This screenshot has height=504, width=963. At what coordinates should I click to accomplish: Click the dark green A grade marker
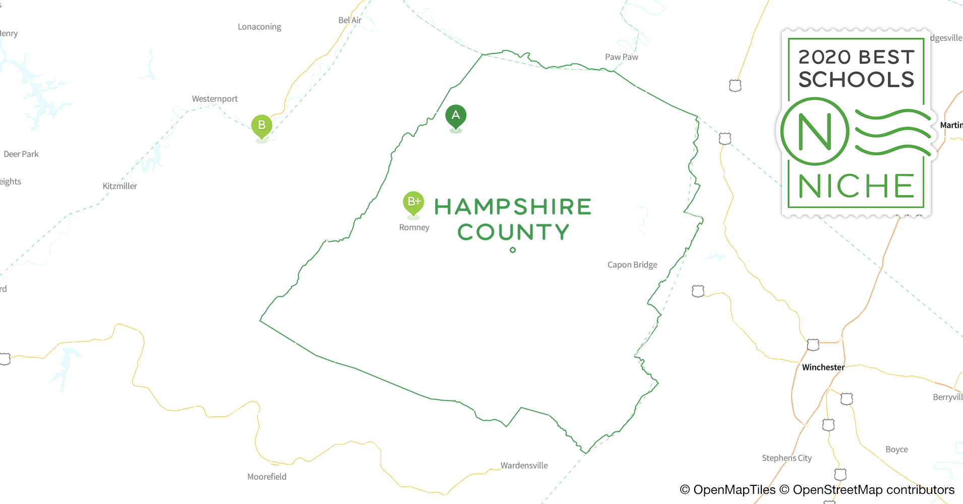pyautogui.click(x=456, y=116)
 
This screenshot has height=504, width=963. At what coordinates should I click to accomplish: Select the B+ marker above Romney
pyautogui.click(x=413, y=203)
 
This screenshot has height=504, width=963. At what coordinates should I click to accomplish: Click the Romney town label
pyautogui.click(x=414, y=227)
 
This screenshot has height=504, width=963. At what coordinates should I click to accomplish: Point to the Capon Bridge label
pyautogui.click(x=632, y=265)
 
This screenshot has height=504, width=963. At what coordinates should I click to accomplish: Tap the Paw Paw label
pyautogui.click(x=621, y=57)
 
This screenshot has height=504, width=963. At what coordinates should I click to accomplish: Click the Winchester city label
pyautogui.click(x=823, y=367)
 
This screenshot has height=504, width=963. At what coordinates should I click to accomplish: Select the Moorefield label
pyautogui.click(x=267, y=477)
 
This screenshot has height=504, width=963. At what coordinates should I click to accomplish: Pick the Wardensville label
pyautogui.click(x=524, y=465)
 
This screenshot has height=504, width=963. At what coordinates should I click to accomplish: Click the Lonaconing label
pyautogui.click(x=259, y=27)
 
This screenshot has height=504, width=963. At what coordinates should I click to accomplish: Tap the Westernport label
pyautogui.click(x=215, y=99)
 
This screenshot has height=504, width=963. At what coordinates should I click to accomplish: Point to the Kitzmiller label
pyautogui.click(x=119, y=186)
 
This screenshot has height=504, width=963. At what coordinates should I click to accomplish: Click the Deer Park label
pyautogui.click(x=21, y=154)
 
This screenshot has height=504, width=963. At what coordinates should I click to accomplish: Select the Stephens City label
pyautogui.click(x=787, y=458)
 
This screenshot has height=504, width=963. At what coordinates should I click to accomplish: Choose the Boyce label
pyautogui.click(x=896, y=449)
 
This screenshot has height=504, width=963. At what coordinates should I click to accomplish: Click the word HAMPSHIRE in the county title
pyautogui.click(x=513, y=207)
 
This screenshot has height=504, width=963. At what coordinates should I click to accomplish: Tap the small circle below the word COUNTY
pyautogui.click(x=513, y=250)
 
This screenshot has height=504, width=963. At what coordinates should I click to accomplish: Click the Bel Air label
pyautogui.click(x=350, y=20)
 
